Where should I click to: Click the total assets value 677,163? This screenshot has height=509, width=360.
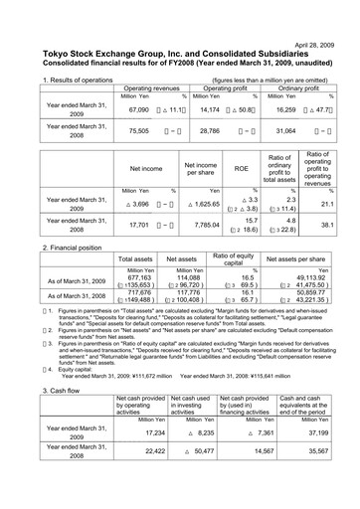[139, 278]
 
